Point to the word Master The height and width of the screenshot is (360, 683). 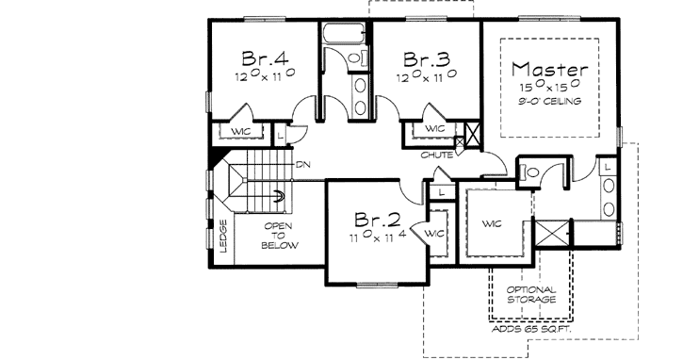point(551,69)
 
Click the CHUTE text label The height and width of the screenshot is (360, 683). point(434,155)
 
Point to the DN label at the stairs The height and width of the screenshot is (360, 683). point(303,165)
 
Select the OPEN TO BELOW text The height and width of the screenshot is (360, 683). point(280,236)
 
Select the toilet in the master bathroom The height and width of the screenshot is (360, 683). point(529,172)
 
